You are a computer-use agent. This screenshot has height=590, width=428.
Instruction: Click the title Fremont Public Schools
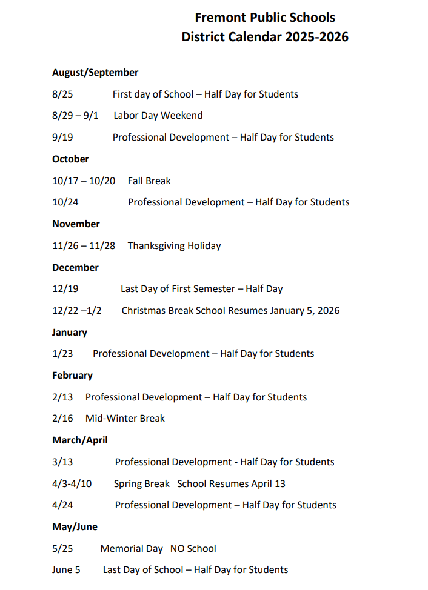[x=265, y=18]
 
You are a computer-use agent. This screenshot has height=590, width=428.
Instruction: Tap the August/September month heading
[x=95, y=73]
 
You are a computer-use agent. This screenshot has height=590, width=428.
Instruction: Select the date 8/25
[x=62, y=94]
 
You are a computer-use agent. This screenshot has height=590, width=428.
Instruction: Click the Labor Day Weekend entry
[x=158, y=116]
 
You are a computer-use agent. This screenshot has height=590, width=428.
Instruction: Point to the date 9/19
[x=62, y=138]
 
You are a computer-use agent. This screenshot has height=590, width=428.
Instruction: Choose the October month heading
[x=70, y=159]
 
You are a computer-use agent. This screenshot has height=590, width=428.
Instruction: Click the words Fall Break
[x=149, y=181]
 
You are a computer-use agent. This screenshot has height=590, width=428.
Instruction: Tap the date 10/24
[x=65, y=202]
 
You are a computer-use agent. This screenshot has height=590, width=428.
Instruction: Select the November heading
[x=76, y=224]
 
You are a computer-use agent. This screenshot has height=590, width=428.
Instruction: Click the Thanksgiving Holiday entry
[x=174, y=246]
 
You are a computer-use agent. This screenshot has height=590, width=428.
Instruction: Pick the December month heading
[x=75, y=268]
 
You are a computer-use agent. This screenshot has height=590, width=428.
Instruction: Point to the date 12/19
[x=65, y=289]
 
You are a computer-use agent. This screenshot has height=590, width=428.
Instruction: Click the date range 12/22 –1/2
[x=77, y=311]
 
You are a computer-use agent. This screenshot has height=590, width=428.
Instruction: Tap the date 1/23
[x=62, y=354]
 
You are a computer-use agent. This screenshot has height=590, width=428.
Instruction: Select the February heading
[x=72, y=376]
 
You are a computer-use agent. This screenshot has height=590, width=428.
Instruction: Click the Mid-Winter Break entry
[x=125, y=419]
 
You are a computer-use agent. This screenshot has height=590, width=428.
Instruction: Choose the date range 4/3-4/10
[x=72, y=484]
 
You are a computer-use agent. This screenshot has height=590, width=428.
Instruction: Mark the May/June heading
[x=75, y=527]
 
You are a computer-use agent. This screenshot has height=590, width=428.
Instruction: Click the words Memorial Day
[x=132, y=549]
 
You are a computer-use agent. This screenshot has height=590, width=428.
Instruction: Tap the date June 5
[x=66, y=570]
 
